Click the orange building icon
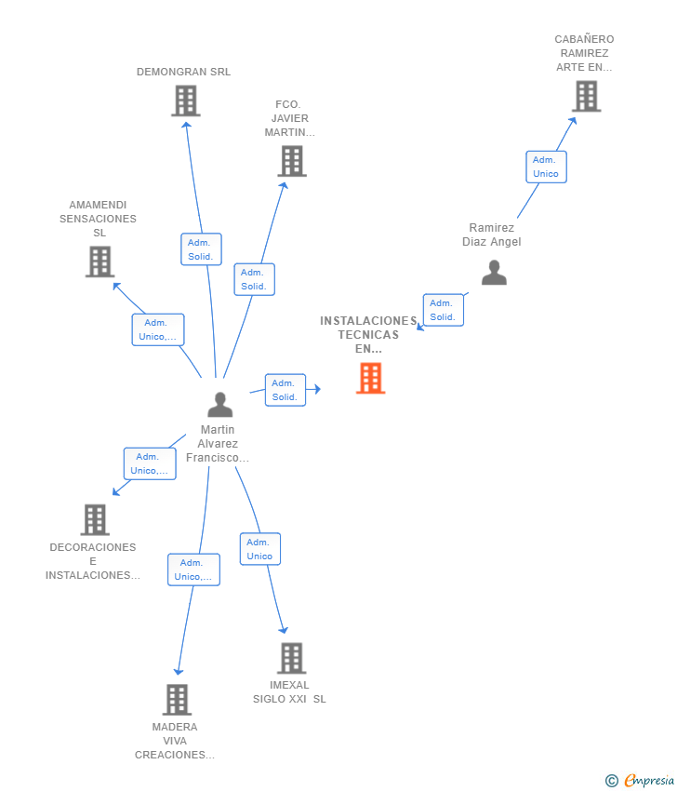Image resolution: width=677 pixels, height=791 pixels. coord(370,379)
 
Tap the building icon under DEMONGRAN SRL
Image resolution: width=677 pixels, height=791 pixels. coord(185,101)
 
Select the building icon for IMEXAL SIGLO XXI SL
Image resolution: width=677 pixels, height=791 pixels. coord(292,658)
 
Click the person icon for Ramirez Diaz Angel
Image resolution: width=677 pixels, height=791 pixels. coord(494,273)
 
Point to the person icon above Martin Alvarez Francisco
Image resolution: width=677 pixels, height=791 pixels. coord(220,404)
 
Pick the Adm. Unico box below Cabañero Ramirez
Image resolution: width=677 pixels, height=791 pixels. coord(546,167)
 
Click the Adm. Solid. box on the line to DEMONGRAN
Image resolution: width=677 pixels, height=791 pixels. coord(201,249)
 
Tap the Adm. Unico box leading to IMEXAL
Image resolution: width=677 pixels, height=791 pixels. coord(260,549)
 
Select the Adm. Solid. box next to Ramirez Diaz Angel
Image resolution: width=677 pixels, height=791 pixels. coord(443,310)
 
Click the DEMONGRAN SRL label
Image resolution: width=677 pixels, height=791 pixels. coord(183,72)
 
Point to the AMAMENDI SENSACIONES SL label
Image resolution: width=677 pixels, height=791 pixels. coord(98,219)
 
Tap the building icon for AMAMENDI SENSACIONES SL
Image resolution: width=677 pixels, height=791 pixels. coord(100,261)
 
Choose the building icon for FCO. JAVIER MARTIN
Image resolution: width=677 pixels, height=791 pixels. coord(292,161)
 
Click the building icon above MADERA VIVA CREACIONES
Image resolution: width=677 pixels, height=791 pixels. coord(177,700)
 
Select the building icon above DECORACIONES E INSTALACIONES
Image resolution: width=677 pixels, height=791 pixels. coord(95,519)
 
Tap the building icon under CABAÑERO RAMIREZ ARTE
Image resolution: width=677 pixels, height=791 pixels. coord(586,96)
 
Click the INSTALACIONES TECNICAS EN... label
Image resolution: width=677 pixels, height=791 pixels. coord(368,334)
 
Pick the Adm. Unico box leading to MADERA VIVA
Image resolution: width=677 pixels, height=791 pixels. coord(193,570)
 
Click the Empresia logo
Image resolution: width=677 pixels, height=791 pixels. coord(640,781)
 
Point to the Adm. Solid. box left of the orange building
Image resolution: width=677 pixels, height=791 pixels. coord(285,390)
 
